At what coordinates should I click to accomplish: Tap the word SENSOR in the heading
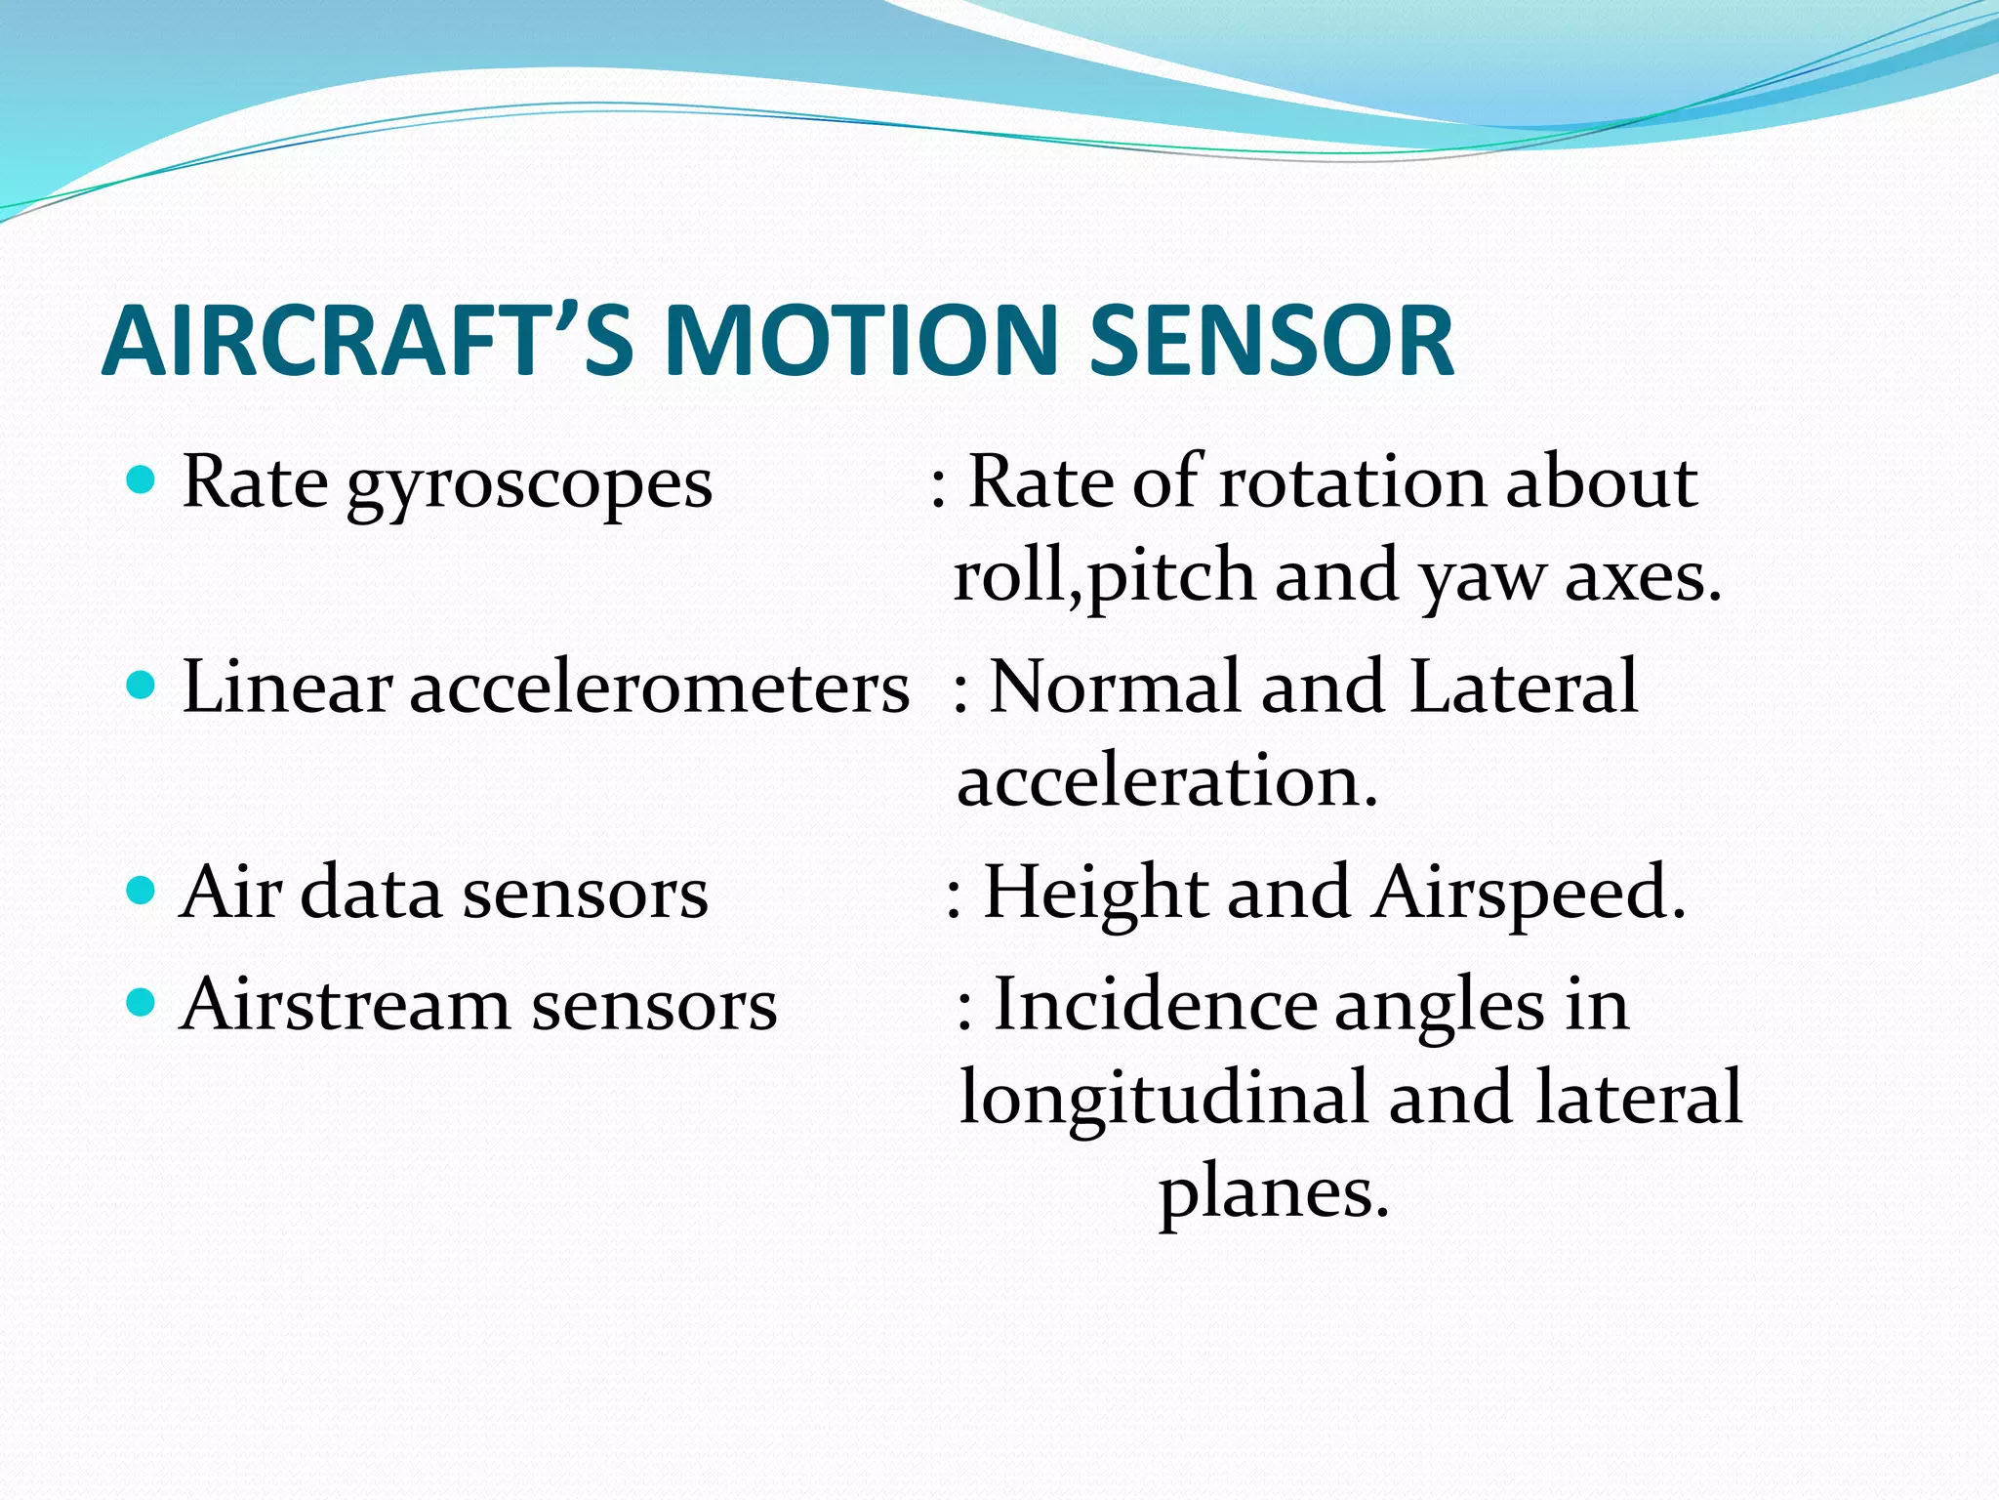[x=1271, y=341]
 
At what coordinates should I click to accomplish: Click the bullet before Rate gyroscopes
[x=143, y=480]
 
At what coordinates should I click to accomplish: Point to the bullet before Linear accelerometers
[x=143, y=686]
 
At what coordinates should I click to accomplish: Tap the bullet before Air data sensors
[x=143, y=891]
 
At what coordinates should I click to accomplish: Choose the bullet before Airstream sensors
[x=143, y=1003]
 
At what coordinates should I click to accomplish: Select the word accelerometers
[x=660, y=687]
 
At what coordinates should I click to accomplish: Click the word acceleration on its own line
[x=1167, y=782]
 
